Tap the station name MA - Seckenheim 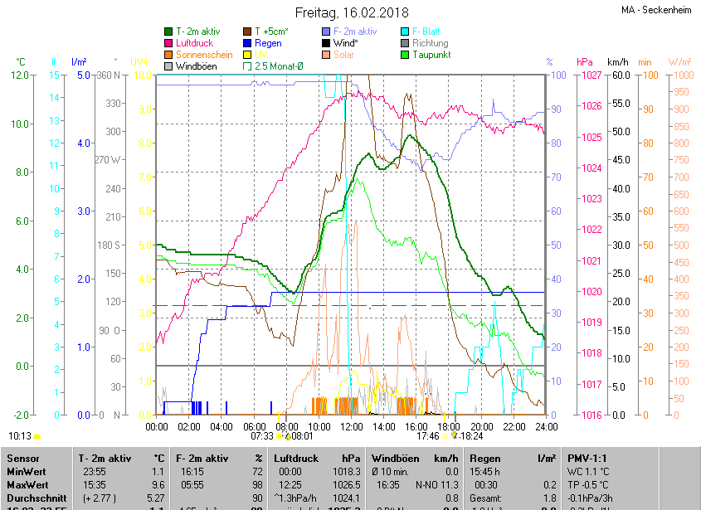655,11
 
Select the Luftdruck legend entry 194,43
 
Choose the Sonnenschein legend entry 204,55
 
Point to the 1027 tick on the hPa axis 590,75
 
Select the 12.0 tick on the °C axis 20,75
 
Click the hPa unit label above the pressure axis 584,62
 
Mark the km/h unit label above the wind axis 618,62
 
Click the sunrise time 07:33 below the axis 262,435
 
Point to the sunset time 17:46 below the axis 428,435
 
